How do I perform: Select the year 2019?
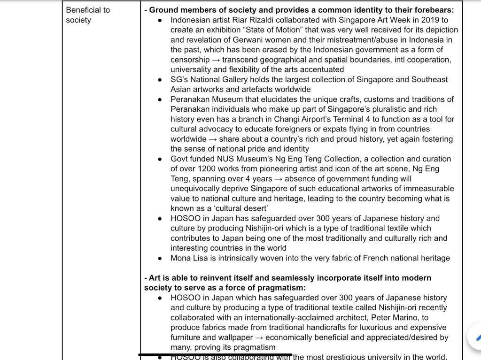click(x=424, y=20)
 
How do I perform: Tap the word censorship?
click(x=190, y=60)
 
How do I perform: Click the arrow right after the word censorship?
click(x=216, y=60)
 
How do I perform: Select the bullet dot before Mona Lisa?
click(x=161, y=258)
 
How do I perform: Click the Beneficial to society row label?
click(x=88, y=15)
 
